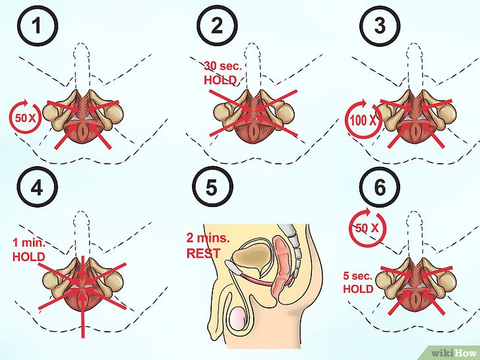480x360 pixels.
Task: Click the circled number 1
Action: click(x=38, y=26)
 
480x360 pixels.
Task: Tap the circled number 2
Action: click(x=217, y=26)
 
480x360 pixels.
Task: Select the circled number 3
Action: click(x=380, y=26)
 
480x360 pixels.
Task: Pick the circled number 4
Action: click(x=38, y=187)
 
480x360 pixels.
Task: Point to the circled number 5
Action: click(x=212, y=187)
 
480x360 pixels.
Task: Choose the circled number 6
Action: click(x=380, y=187)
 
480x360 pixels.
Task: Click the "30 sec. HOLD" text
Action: click(x=223, y=73)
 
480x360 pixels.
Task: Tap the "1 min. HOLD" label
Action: click(x=29, y=250)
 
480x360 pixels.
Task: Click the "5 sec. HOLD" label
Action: click(x=358, y=282)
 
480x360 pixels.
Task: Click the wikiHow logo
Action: click(x=455, y=353)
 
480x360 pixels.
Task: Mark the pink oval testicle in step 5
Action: click(x=237, y=318)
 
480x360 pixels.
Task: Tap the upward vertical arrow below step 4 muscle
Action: click(x=82, y=313)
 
